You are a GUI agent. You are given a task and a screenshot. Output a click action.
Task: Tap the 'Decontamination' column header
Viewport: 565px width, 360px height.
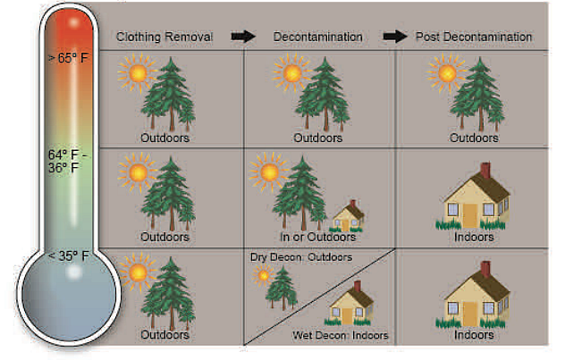[317, 37]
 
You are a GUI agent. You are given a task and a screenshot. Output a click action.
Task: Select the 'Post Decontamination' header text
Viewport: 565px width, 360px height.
[474, 37]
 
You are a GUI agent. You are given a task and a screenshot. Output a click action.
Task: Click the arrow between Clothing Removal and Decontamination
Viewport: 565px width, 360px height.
[243, 37]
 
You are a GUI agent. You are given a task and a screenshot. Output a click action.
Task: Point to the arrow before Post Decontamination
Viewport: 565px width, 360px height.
[394, 37]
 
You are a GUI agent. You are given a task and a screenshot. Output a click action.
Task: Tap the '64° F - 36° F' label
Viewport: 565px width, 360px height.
[68, 160]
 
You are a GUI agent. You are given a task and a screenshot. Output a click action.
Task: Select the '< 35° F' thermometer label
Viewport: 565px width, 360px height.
[68, 256]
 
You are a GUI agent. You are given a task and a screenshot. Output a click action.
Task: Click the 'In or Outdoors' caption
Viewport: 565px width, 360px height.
[317, 237]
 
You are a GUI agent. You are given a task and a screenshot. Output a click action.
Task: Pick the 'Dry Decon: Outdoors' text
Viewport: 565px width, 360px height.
[301, 257]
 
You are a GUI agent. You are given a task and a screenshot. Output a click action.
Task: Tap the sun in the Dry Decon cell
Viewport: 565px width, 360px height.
[264, 275]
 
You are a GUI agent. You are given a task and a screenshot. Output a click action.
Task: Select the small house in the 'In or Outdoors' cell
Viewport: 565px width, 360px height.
[348, 216]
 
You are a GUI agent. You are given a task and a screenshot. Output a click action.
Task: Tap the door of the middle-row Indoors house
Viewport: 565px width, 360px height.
[470, 213]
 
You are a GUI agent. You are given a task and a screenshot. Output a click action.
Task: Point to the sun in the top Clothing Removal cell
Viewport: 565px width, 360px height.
[136, 73]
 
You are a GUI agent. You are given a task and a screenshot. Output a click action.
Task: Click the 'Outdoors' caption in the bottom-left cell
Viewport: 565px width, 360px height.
[165, 335]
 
